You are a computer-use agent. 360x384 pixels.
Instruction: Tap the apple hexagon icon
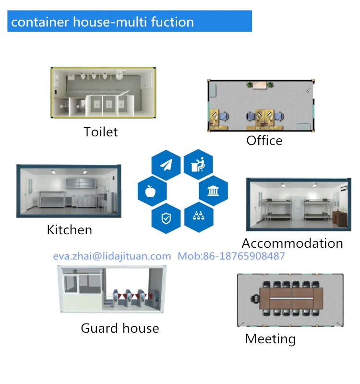152,192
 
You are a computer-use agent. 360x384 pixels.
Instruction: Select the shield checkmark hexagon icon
166,218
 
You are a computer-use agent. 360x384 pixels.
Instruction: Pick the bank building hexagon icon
213,192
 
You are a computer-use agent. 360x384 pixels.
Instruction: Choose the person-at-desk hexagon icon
198,165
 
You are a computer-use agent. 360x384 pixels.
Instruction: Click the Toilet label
100,132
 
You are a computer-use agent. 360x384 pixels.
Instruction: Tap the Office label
264,141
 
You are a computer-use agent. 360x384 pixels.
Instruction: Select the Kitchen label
69,230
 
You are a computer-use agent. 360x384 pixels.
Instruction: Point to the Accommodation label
292,243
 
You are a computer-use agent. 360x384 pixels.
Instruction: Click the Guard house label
120,328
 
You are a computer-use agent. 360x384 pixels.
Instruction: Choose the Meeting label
270,339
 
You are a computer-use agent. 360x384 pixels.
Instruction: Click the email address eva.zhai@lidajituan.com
111,256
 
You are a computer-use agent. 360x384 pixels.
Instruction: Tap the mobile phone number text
231,256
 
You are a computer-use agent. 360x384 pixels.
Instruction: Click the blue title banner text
102,22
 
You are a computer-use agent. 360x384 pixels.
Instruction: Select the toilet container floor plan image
104,92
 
